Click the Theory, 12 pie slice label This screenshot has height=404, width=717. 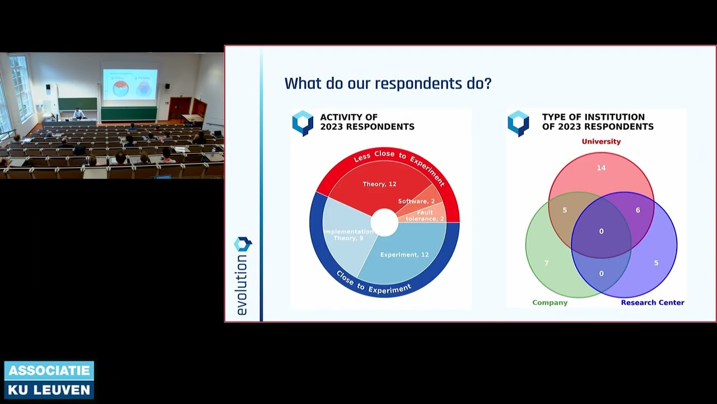pos(379,184)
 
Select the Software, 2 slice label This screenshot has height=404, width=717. pos(416,201)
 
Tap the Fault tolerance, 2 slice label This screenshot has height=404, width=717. pos(425,216)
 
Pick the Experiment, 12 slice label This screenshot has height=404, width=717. pos(404,255)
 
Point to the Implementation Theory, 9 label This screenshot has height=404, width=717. pos(348,235)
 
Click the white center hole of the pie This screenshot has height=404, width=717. pos(384,222)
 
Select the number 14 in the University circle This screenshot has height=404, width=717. pos(601,168)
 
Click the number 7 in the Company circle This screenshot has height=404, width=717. pos(546,263)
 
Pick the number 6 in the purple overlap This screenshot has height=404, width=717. pos(637,210)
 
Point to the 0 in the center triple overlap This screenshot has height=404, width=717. pos(601,231)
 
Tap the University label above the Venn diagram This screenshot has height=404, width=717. pos(601,141)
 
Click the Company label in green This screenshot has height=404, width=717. pos(550,302)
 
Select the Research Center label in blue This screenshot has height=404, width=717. pos(652,302)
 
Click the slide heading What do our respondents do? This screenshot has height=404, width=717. pos(388,84)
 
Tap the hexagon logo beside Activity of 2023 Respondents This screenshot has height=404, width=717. pos(303,123)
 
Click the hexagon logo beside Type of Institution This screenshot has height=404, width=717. pos(518,123)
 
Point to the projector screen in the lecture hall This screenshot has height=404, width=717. pos(130,84)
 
